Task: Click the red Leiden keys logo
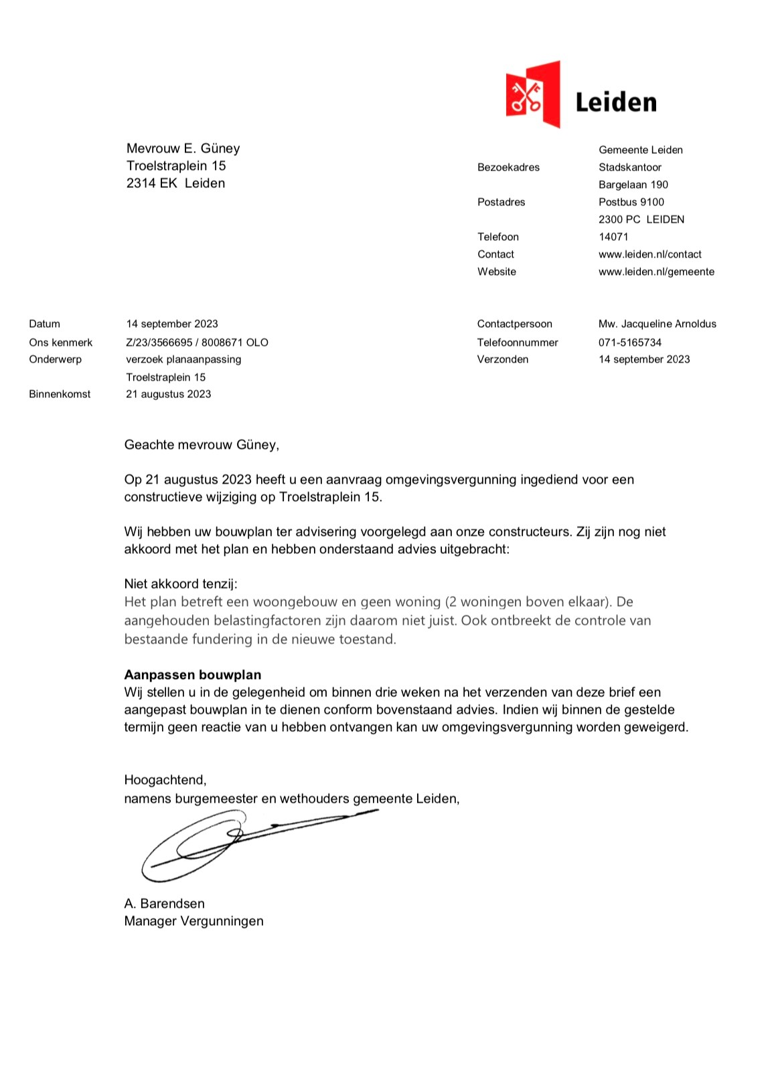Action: point(532,94)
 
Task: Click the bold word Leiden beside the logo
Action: point(615,102)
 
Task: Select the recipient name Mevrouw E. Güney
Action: point(183,149)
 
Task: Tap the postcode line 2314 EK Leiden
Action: point(175,183)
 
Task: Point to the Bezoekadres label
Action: point(508,167)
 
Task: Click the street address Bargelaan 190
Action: point(633,185)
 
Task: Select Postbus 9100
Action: point(631,202)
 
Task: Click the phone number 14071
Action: point(613,237)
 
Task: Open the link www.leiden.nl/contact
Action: point(649,254)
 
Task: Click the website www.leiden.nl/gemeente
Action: point(656,272)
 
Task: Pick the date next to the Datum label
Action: point(172,324)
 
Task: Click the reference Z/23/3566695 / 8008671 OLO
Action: point(197,342)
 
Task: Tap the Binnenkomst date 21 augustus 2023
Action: point(168,394)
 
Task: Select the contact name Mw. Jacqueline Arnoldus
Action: point(657,324)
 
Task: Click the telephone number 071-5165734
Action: point(629,342)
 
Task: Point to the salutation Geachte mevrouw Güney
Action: point(202,445)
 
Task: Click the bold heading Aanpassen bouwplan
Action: point(193,674)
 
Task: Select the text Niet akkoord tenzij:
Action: point(181,584)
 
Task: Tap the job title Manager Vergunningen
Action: point(193,921)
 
